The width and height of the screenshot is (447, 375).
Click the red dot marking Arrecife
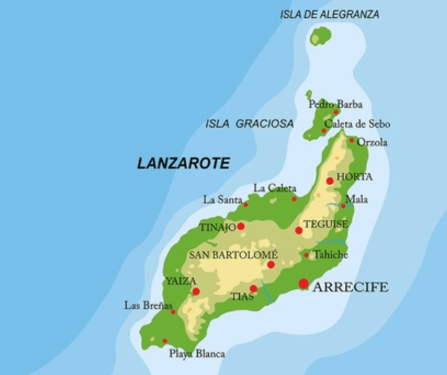(x=303, y=284)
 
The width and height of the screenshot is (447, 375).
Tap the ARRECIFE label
(x=350, y=287)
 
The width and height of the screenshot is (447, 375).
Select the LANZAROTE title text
(x=184, y=164)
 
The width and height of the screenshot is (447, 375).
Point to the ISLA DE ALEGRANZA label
(x=330, y=15)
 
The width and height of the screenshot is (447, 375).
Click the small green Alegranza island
(x=321, y=36)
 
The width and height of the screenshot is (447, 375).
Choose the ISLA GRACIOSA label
(x=249, y=124)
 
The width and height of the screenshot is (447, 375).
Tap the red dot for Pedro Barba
(x=336, y=112)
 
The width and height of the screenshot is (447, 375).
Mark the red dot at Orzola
(x=351, y=140)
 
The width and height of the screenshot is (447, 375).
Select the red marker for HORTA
(x=330, y=181)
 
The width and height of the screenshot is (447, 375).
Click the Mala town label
(x=356, y=199)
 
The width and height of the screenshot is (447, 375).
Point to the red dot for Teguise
(x=299, y=230)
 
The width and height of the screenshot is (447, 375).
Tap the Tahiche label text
(x=330, y=255)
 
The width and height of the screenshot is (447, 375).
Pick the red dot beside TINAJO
(x=241, y=226)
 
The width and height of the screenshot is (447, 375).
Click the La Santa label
(x=223, y=200)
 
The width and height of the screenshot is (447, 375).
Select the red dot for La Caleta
(x=294, y=199)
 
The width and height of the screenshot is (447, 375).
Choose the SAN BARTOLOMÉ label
(x=233, y=255)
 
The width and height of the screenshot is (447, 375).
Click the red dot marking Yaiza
(x=196, y=291)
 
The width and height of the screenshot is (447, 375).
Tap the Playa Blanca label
(x=197, y=354)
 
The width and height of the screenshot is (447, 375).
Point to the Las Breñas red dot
(x=173, y=312)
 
